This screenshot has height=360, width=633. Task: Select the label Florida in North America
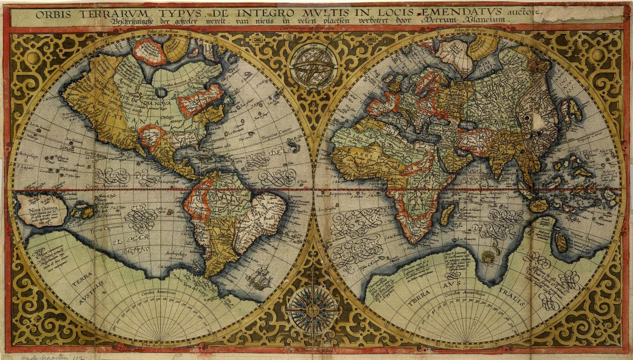click(x=187, y=138)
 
